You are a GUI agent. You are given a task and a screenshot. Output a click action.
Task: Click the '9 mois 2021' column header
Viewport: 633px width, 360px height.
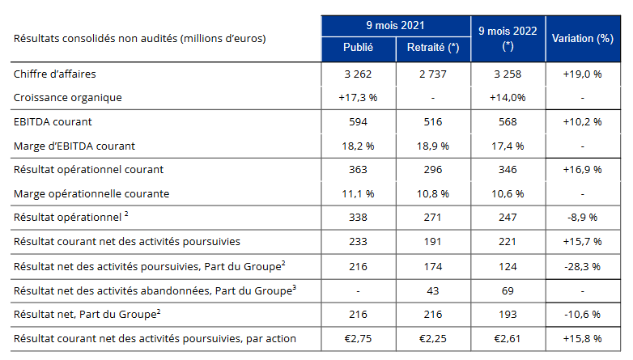(395, 26)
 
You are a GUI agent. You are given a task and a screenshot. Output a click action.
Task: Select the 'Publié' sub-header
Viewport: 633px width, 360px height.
(358, 48)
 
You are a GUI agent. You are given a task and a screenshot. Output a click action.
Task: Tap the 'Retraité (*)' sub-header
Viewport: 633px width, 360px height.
(433, 48)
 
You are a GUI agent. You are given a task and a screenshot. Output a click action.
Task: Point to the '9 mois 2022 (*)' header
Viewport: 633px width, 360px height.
(508, 38)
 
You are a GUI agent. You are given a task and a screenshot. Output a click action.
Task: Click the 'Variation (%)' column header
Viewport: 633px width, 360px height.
(583, 38)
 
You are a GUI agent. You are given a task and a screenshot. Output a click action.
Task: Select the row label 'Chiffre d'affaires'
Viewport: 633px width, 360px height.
(55, 74)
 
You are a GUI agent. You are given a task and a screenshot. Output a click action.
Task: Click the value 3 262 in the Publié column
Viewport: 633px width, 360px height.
(358, 74)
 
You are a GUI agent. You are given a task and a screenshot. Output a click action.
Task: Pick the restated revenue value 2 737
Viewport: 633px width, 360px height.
(433, 74)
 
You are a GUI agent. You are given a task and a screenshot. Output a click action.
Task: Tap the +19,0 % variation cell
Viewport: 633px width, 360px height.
(583, 74)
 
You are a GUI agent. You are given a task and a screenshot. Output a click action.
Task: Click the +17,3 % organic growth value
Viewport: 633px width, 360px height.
(358, 98)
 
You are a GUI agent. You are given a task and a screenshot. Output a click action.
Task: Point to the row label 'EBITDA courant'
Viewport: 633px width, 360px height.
(53, 122)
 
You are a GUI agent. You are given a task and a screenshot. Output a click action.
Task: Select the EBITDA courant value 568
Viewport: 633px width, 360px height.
(508, 122)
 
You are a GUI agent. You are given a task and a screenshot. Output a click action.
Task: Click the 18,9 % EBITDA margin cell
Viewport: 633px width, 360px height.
(433, 146)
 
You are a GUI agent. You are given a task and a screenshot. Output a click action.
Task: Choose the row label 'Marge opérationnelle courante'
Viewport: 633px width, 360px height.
(91, 193)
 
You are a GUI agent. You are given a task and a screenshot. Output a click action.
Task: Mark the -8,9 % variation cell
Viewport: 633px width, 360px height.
(583, 218)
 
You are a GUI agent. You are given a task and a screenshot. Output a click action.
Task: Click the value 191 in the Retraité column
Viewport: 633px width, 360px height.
(433, 241)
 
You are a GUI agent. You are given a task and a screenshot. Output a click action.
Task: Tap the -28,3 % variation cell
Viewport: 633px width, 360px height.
(583, 267)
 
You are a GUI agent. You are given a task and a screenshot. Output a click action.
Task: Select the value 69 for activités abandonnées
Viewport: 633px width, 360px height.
(508, 291)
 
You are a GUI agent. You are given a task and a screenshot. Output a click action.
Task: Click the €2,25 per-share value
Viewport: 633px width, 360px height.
(433, 339)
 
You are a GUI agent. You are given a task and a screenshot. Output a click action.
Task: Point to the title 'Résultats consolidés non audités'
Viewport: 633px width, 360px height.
(96, 38)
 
